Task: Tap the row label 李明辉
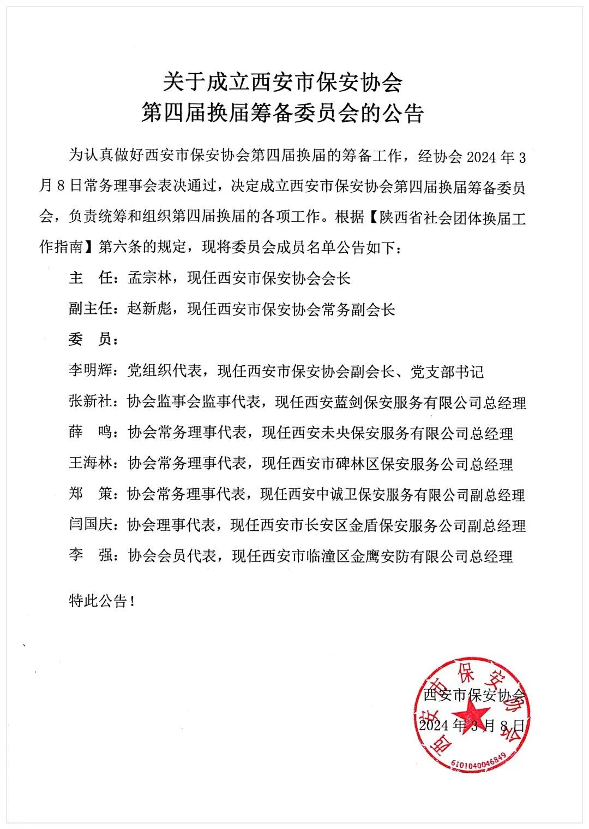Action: point(90,372)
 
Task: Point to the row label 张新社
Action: point(90,402)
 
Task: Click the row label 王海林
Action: point(90,464)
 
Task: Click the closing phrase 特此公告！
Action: point(101,601)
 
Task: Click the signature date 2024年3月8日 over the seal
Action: point(472,725)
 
